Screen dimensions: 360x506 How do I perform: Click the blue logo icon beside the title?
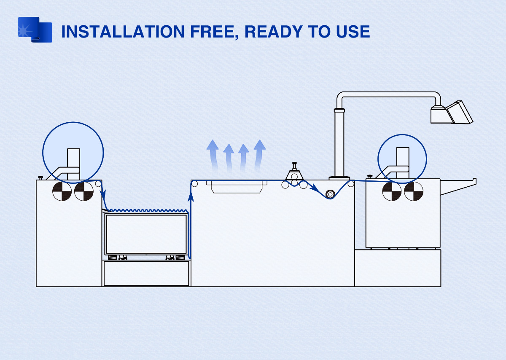coord(35,30)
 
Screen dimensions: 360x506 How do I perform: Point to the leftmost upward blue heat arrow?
coord(212,154)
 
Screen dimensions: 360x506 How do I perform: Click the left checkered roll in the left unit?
coord(62,191)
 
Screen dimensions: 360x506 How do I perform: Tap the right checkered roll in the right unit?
coord(414,191)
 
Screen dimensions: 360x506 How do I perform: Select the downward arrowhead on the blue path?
coord(103,194)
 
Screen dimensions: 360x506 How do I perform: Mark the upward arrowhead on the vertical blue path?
coord(191,196)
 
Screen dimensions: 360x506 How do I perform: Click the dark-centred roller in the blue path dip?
coord(330,194)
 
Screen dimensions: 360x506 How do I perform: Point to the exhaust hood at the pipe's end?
coord(451,113)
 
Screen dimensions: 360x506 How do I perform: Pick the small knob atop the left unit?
coord(40,177)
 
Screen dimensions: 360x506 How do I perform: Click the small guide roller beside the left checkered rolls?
coord(98,184)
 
